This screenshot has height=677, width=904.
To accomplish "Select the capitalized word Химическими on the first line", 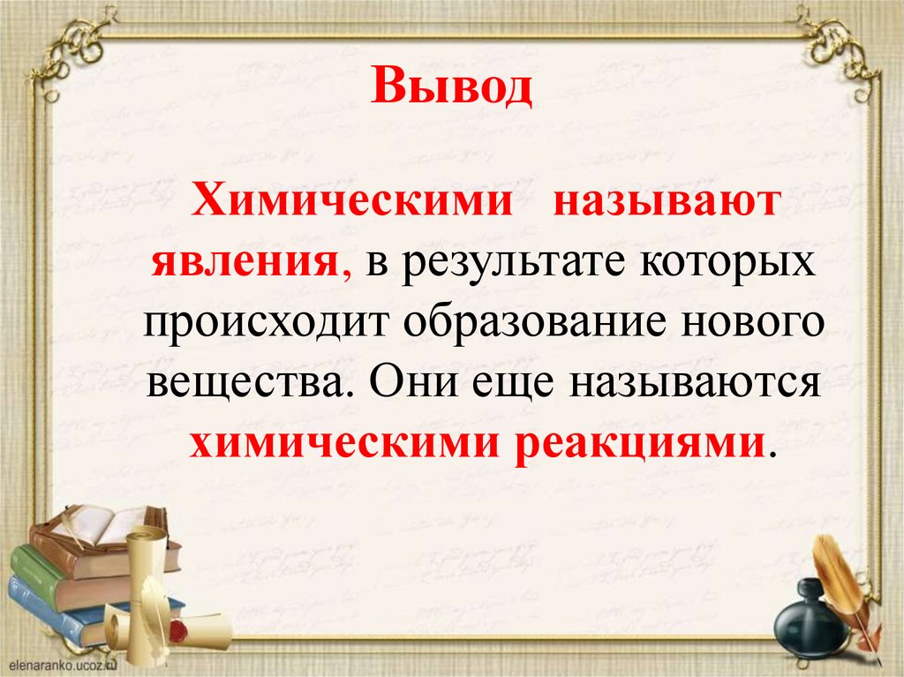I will point(353,203).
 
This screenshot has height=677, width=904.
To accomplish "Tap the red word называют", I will point(667,203).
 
